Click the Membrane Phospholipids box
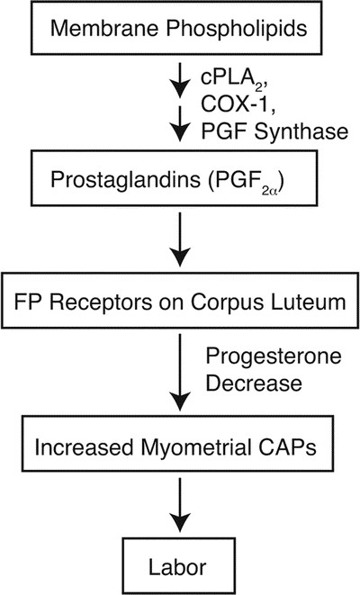click(180, 32)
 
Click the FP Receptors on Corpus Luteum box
click(180, 297)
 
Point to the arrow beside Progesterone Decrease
click(180, 371)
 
